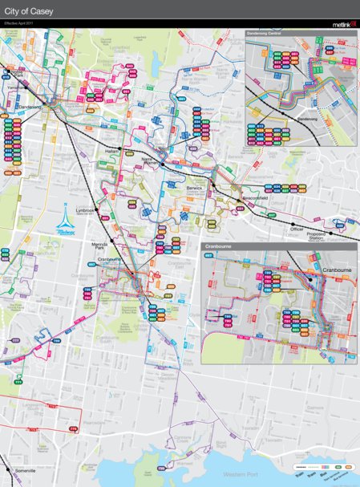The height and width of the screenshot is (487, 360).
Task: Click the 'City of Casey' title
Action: click(30, 10)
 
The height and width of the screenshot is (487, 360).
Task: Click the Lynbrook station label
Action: click(86, 210)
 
